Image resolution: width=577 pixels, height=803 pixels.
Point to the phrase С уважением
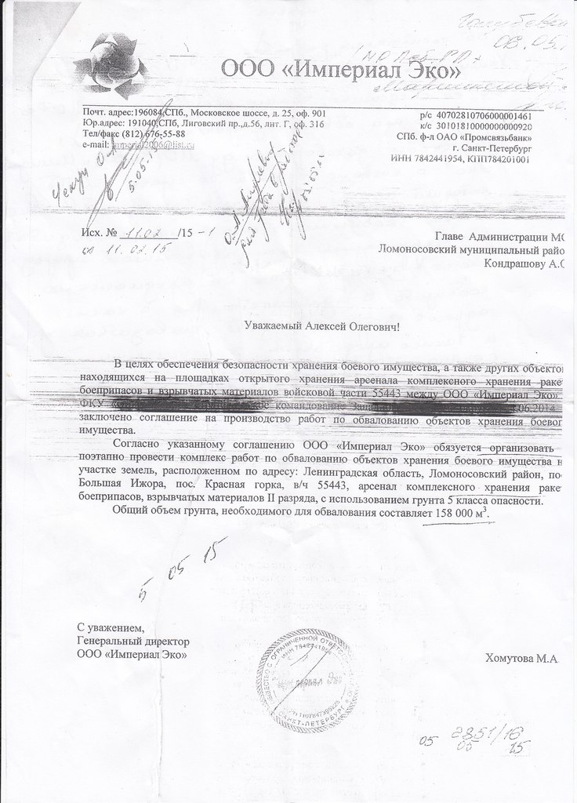click(111, 628)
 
